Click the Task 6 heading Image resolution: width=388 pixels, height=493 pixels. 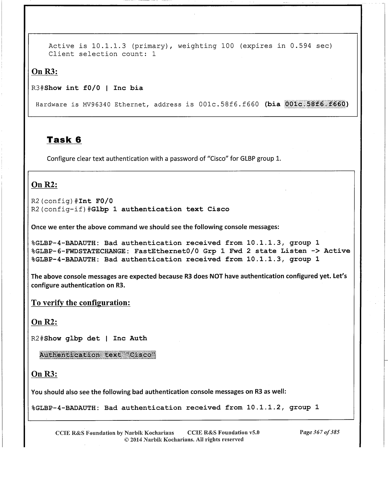tap(64, 140)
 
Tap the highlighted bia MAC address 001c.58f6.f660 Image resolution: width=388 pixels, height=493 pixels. tap(315, 104)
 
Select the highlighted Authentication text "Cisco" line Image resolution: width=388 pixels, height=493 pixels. tap(98, 355)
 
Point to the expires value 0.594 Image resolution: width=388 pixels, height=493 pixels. tap(300, 46)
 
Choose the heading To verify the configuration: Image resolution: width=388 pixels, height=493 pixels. tap(81, 303)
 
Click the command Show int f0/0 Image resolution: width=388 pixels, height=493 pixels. tap(72, 88)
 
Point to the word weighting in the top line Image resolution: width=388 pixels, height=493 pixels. tap(197, 46)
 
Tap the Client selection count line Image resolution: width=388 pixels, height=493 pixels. tap(102, 54)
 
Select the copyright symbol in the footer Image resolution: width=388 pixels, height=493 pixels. tap(127, 439)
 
